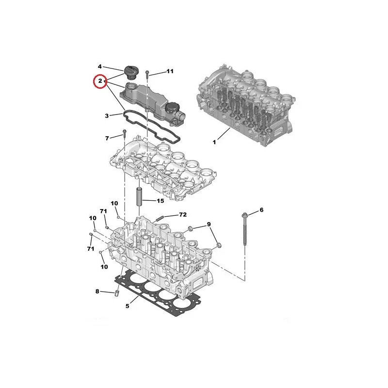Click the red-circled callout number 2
click(100, 81)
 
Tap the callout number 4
click(100, 66)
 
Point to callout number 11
click(170, 71)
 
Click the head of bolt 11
click(147, 72)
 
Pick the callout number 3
click(107, 116)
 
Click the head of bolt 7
click(124, 131)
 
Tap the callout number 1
click(214, 142)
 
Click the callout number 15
click(161, 201)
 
